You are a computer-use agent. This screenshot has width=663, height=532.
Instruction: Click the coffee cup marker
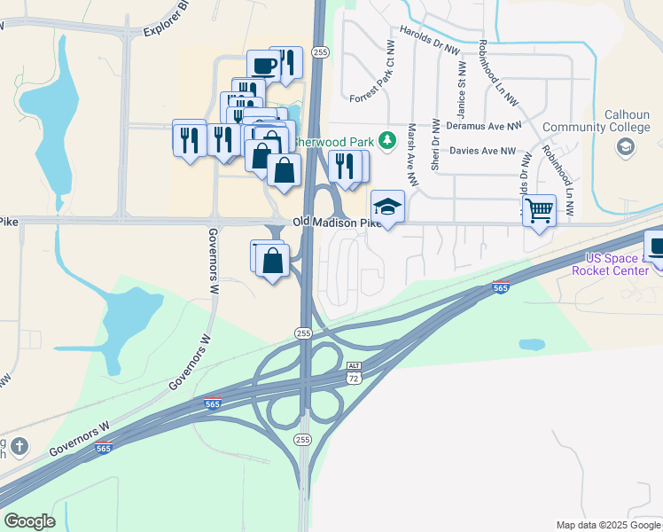coord(263,65)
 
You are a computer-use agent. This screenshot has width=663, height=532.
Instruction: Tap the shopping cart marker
coord(539,211)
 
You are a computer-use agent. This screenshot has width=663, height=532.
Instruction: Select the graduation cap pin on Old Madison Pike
coord(387,207)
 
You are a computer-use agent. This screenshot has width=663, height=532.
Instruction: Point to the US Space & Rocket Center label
coord(617,263)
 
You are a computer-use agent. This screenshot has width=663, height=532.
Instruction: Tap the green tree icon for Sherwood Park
coord(387,140)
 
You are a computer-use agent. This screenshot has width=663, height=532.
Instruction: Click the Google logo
coord(29,521)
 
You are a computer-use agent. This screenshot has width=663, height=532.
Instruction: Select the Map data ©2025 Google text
coord(607,525)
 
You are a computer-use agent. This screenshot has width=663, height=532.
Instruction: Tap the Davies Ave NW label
coord(483,151)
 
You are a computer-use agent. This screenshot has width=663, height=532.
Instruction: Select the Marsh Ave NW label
coord(411,148)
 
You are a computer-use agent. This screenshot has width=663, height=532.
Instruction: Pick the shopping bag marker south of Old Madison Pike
coord(274,261)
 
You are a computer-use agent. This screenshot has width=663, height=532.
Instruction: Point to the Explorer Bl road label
coord(168,22)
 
